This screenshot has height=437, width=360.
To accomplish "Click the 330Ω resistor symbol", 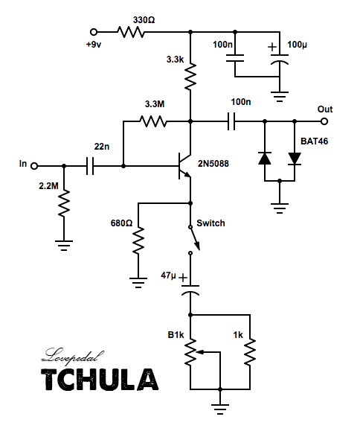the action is pos(131,32).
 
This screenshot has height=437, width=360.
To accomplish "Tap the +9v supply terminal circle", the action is pos(94,32).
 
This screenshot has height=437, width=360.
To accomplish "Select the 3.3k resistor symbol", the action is pos(190,76).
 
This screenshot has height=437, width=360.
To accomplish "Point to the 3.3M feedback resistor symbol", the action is pos(153,121).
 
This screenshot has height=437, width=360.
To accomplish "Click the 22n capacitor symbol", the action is pos(90,166).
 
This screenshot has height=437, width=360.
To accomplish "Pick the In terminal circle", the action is pos(34,166).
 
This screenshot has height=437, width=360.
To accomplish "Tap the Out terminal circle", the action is pos(324,121).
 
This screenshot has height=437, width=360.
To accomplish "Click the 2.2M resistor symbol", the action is pos(64,203).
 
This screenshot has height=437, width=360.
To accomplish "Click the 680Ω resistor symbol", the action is pos(138,240).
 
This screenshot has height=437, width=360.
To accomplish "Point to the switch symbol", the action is pos(194,240).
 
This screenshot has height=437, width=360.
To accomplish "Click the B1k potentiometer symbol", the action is pos(194,352).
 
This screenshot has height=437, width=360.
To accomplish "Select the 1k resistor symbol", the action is pos(250,351).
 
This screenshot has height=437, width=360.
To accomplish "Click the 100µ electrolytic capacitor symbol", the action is pos(280,60).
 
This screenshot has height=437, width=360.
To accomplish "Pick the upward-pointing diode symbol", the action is pos(265,159).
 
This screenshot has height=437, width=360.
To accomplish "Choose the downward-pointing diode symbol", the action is pos(295,159).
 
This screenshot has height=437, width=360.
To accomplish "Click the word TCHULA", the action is pos(100,380).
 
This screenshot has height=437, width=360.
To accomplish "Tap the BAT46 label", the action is pos(314,141).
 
